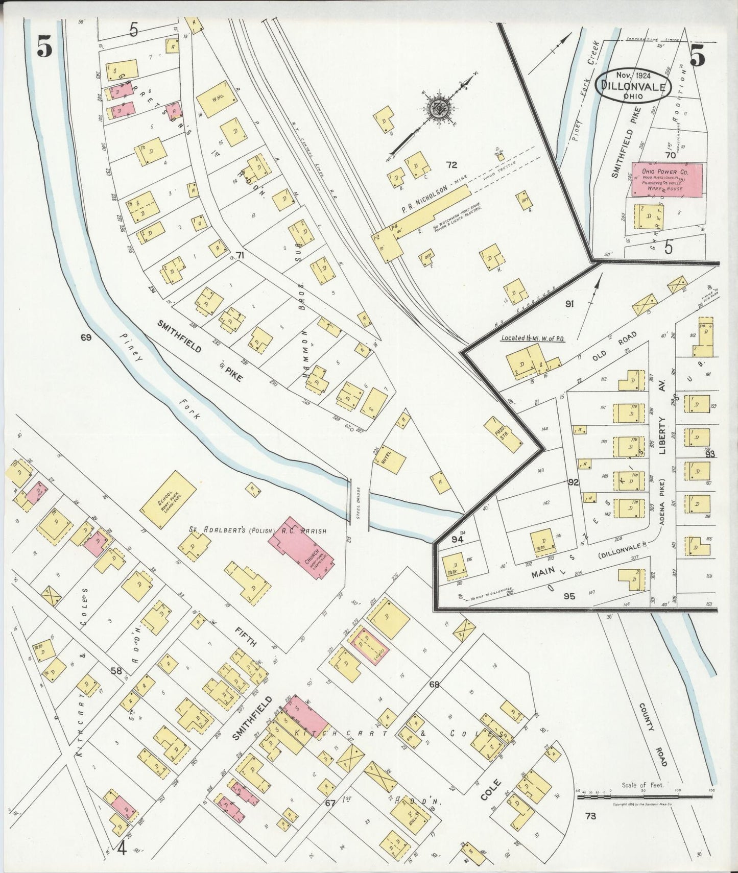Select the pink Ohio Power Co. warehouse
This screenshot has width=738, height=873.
667,179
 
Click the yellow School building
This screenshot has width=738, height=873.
168,499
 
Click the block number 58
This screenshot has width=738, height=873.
116,671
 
